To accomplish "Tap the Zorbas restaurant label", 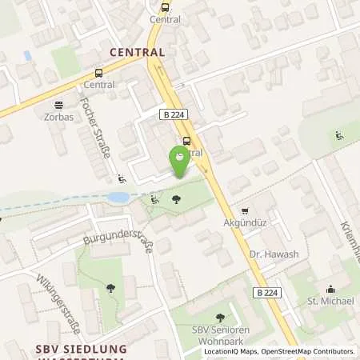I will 58,116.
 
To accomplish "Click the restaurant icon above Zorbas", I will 58,104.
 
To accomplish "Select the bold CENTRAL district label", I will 137,52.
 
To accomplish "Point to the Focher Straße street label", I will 96,127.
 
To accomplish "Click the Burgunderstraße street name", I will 117,241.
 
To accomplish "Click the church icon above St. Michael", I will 330,289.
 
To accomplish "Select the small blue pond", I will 117,197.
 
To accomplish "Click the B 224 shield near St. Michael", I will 270,294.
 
